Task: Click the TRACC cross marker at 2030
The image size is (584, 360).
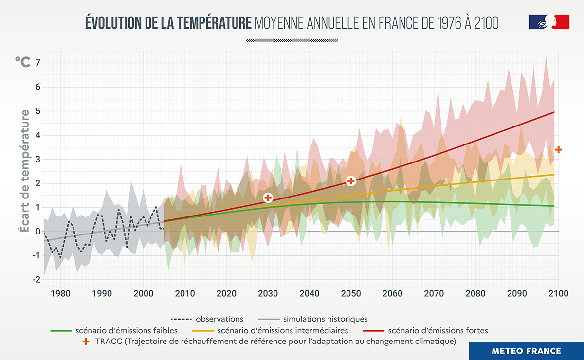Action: click(x=268, y=198)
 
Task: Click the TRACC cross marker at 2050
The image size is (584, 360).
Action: click(x=351, y=181)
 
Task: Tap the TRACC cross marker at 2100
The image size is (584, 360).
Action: click(x=559, y=149)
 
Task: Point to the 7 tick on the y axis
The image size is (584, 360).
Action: click(x=37, y=63)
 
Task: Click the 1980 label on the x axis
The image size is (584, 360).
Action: click(x=60, y=293)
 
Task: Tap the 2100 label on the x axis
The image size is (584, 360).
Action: click(x=558, y=293)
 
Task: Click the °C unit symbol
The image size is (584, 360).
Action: click(x=22, y=62)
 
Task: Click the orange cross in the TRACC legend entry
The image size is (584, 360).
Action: click(x=86, y=342)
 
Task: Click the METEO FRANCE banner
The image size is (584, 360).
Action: click(x=526, y=351)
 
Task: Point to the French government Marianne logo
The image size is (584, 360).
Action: click(x=549, y=22)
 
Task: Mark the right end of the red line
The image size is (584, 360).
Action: click(x=554, y=112)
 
